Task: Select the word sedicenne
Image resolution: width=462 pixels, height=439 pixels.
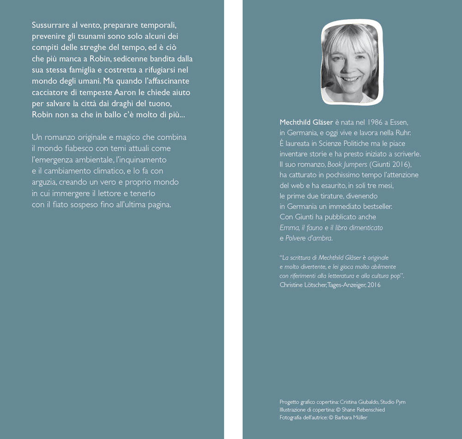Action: click(134, 59)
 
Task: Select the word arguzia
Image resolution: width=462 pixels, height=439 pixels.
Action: click(44, 182)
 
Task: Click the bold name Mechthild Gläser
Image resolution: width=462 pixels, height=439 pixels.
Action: click(306, 122)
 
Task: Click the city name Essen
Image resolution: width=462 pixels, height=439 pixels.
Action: click(400, 122)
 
